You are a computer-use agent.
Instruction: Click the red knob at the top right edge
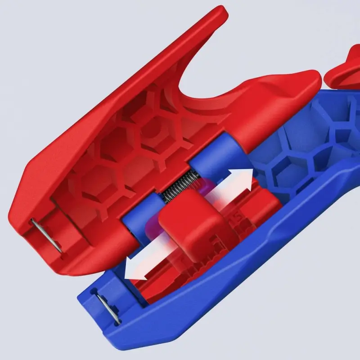click(342, 74)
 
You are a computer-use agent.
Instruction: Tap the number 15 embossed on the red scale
click(234, 219)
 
